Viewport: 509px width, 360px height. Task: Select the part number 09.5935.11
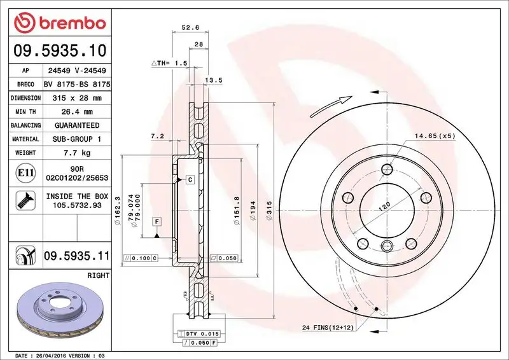(76, 256)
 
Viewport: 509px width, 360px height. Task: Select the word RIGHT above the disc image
(99, 275)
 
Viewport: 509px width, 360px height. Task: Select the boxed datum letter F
(156, 221)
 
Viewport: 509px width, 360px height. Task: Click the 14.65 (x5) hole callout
(436, 136)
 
